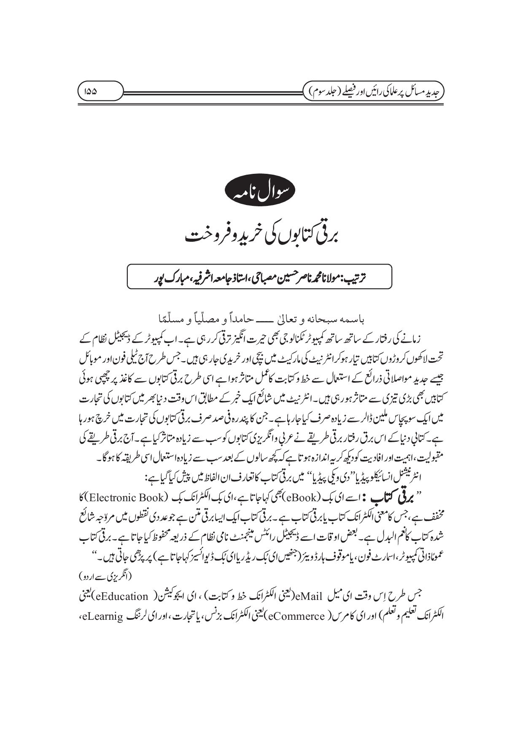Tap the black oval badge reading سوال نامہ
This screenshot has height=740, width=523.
(261, 195)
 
